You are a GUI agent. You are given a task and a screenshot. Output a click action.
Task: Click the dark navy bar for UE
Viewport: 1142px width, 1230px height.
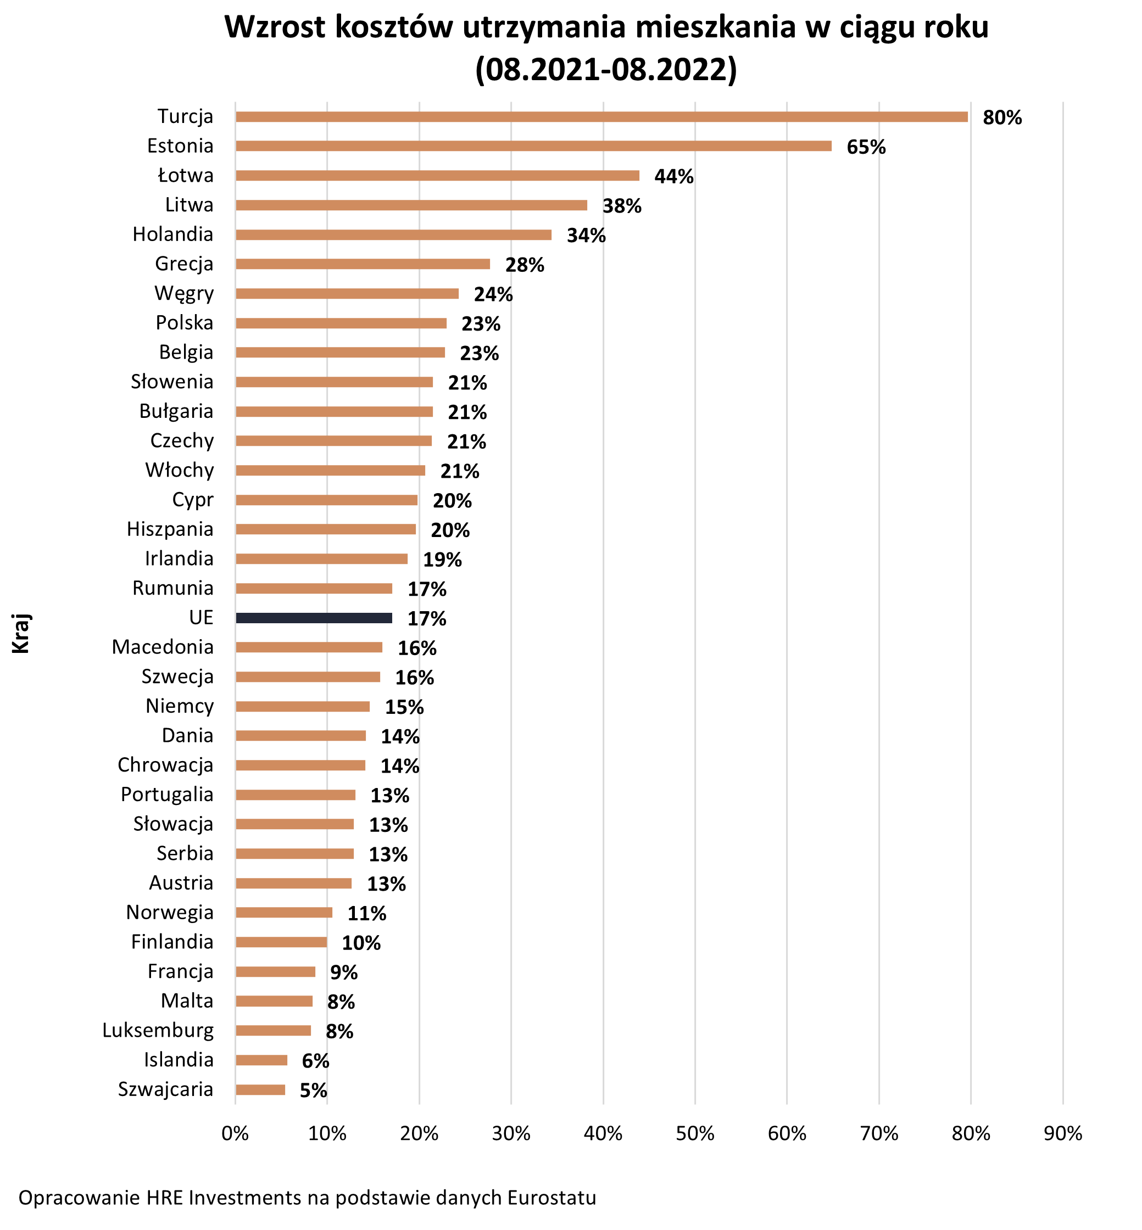point(314,618)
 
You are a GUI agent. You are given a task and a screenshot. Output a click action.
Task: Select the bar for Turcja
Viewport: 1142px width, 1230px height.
point(601,117)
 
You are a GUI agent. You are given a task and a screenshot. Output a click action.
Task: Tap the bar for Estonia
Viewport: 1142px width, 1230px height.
point(533,146)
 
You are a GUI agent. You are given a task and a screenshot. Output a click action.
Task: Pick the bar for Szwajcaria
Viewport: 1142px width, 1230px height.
point(260,1090)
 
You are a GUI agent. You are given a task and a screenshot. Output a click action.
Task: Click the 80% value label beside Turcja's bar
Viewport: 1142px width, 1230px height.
point(1002,118)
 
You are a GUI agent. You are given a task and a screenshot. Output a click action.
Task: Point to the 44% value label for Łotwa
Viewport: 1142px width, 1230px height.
point(673,177)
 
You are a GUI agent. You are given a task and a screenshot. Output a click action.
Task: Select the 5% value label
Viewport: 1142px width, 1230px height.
point(313,1091)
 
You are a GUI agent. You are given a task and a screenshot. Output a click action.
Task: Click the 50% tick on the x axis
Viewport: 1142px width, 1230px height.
point(695,1133)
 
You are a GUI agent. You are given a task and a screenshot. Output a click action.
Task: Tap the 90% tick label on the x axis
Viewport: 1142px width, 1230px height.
point(1063,1133)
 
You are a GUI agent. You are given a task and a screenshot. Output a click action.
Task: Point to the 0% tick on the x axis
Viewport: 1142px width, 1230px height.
point(236,1133)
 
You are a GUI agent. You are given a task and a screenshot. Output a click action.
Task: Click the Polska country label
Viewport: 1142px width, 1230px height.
point(184,322)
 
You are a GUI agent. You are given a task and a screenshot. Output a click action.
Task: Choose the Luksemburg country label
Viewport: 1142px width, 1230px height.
point(158,1031)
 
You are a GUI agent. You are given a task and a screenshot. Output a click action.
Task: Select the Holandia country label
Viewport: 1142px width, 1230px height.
point(173,234)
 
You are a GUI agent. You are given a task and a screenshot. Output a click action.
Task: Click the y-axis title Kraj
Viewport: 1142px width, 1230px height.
point(21,634)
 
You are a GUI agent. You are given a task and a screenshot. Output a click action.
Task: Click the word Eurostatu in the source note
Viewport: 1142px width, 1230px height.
point(552,1198)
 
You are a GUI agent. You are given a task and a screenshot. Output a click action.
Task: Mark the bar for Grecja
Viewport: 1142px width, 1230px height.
point(363,264)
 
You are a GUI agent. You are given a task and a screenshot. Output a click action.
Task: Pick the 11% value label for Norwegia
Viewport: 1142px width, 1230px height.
point(366,913)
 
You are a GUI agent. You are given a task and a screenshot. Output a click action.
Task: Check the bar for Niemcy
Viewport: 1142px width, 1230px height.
point(303,706)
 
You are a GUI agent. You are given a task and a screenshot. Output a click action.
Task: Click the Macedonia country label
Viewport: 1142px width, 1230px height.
point(163,647)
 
